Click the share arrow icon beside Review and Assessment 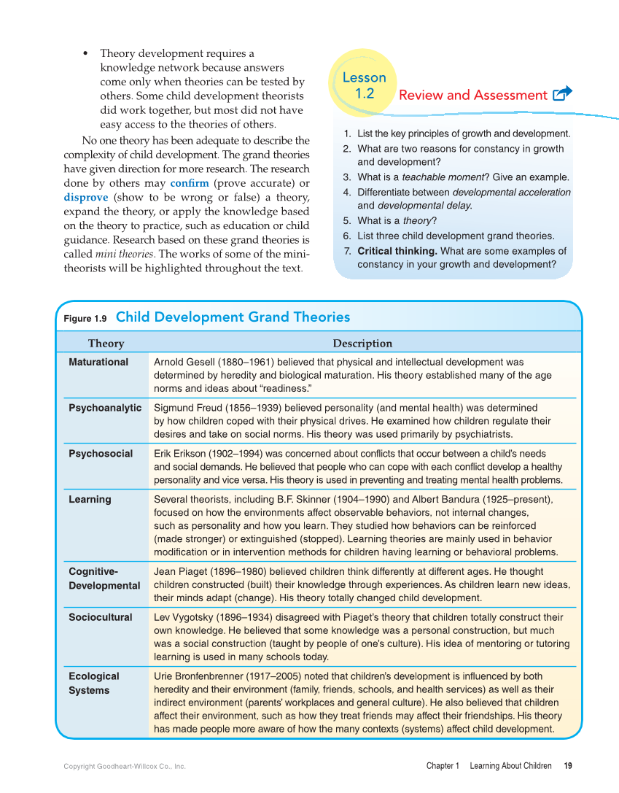click(562, 93)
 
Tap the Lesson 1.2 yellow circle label click(364, 85)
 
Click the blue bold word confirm click(189, 183)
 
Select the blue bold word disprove click(86, 198)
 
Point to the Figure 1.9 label click(85, 319)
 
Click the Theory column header click(106, 344)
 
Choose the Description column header click(362, 344)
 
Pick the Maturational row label click(98, 362)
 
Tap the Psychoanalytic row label click(105, 408)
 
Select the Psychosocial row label click(101, 454)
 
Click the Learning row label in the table click(90, 500)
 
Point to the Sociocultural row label click(101, 617)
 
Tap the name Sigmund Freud click(187, 408)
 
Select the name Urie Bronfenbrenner click(202, 676)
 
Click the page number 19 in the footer click(567, 766)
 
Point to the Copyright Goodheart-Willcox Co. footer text click(125, 767)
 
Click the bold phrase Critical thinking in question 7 click(397, 251)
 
